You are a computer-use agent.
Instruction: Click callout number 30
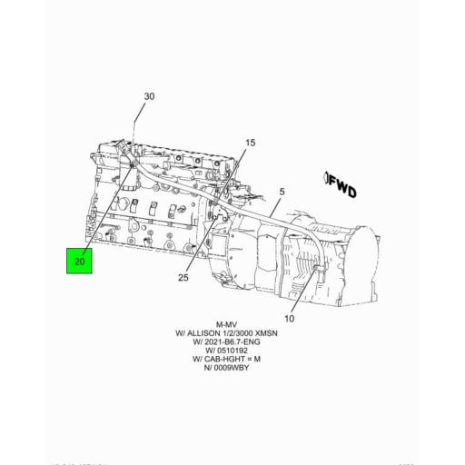pos(150,96)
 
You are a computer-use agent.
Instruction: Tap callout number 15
pos(251,143)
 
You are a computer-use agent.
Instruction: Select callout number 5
pos(282,192)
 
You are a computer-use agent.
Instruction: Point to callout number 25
pos(183,278)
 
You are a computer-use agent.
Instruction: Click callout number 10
pos(290,318)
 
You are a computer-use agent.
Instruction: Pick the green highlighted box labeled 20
pos(80,262)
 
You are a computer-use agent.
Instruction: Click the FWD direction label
pos(344,188)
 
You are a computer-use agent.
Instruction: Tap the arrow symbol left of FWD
pos(326,179)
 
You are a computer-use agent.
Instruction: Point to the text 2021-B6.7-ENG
pos(232,345)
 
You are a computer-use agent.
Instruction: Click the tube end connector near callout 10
pos(317,271)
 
